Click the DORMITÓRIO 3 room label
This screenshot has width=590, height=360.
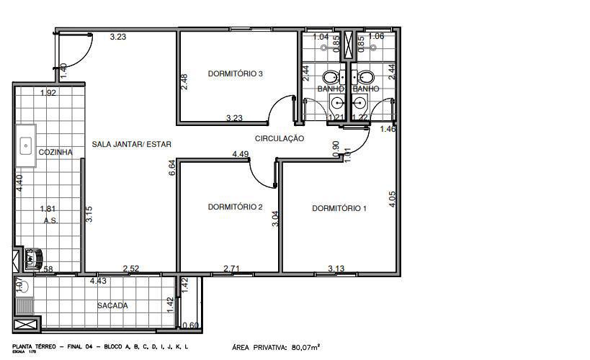point(235,73)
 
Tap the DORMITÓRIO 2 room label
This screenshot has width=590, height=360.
point(235,207)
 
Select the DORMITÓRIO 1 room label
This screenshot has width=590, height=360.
point(339,209)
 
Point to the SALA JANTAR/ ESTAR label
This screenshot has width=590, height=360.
point(132,144)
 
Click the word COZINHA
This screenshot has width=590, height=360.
point(55,153)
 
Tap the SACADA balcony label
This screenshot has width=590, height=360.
point(112,305)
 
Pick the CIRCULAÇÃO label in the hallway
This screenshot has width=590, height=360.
point(280,138)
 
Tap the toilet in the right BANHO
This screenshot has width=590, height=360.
point(366,77)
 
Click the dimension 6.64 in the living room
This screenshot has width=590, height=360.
point(171,168)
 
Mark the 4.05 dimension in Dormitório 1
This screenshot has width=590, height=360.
point(392,199)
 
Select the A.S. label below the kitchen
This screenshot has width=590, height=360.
point(50,221)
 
